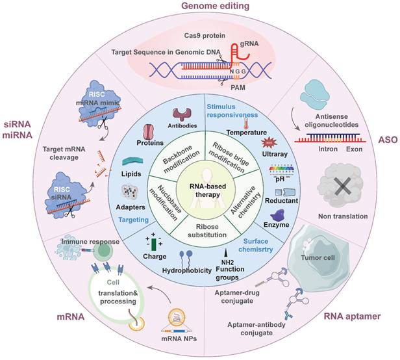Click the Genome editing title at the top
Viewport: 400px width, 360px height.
click(x=199, y=7)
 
